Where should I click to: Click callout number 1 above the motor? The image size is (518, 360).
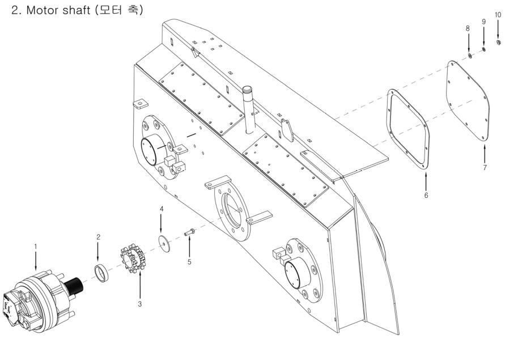(x=35, y=247)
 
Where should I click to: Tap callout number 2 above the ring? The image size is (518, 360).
(x=98, y=237)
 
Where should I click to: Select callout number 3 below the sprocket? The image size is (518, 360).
(x=139, y=304)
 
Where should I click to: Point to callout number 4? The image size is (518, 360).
(x=162, y=209)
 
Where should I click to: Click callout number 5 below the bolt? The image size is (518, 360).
(x=190, y=262)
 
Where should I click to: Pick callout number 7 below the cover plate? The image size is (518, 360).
(x=485, y=168)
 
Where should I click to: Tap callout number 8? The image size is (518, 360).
(x=468, y=28)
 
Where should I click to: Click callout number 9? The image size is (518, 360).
(x=483, y=22)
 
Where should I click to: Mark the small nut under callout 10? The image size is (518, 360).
(x=498, y=43)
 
